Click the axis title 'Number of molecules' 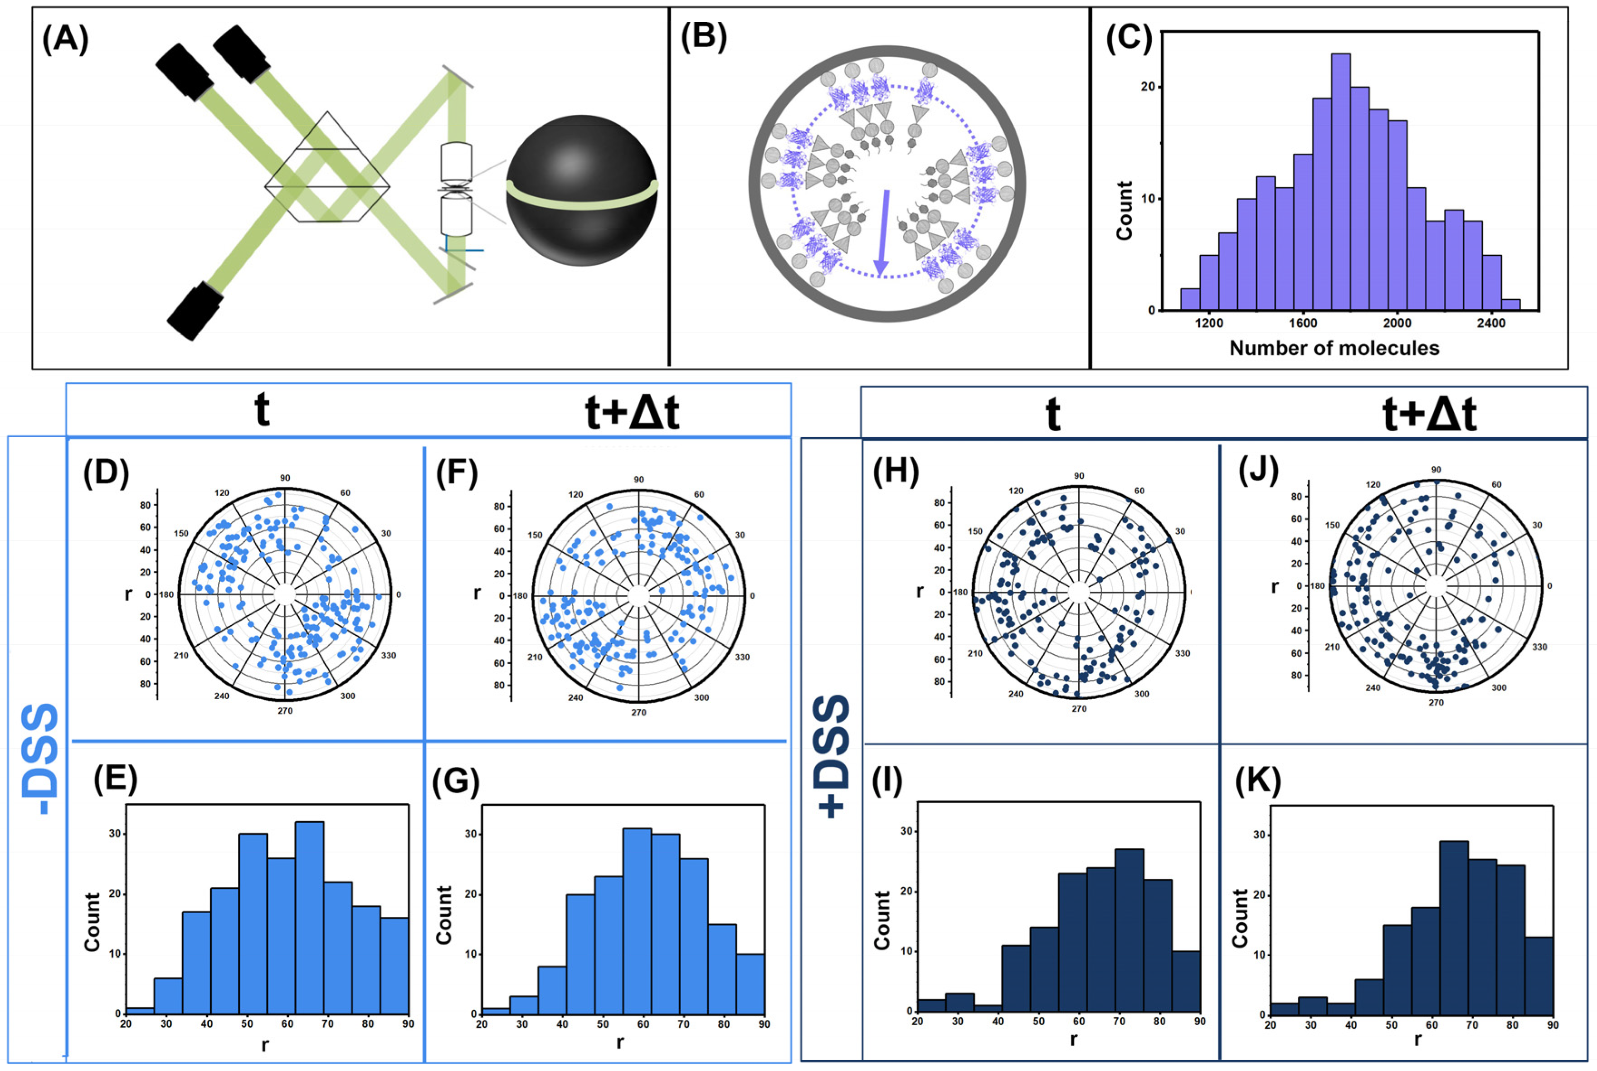[1334, 348]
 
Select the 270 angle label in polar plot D [285, 711]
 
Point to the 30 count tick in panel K [1258, 835]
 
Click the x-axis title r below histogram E [265, 1046]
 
